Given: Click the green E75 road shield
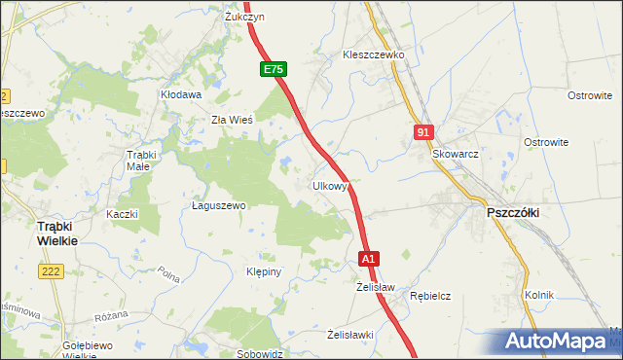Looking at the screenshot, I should coord(273,70).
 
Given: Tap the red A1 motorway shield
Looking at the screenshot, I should coord(368,260).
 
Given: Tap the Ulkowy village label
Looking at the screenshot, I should coord(329,185).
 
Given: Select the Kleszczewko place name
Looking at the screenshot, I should coord(373,55).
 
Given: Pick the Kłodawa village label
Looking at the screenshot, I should coord(180,94).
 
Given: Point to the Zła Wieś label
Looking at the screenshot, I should coord(233,121).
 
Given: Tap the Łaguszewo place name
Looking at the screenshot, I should coord(219,206).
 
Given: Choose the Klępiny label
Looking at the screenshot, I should coord(264,271).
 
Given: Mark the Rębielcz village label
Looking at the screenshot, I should coord(430,296).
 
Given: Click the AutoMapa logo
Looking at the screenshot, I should coord(560,342).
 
